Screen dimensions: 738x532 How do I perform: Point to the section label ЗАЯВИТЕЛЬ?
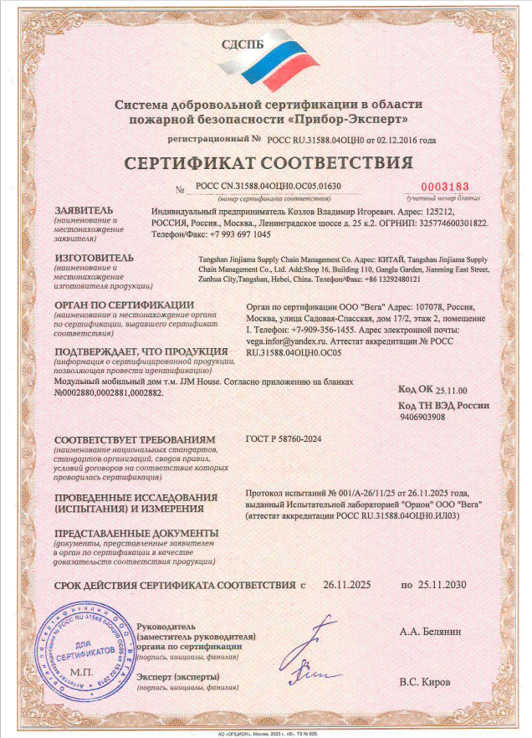coord(85,212)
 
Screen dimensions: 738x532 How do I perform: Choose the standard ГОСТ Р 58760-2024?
coord(284,438)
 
